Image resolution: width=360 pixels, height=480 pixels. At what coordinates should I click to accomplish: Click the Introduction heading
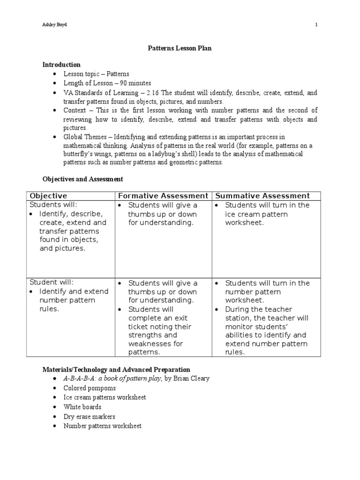[x=61, y=65]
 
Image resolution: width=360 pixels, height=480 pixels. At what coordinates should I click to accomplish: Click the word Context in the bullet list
[x=75, y=110]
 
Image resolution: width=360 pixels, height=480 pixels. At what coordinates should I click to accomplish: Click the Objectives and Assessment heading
[x=83, y=179]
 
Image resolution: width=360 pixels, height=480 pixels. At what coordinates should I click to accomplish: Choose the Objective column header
[x=48, y=196]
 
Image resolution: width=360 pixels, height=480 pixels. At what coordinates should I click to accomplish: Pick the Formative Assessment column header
[x=163, y=196]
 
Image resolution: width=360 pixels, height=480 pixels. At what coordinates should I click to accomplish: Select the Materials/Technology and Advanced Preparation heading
[x=116, y=370]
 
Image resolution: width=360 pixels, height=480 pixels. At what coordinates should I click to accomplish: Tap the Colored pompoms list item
[x=90, y=388]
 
